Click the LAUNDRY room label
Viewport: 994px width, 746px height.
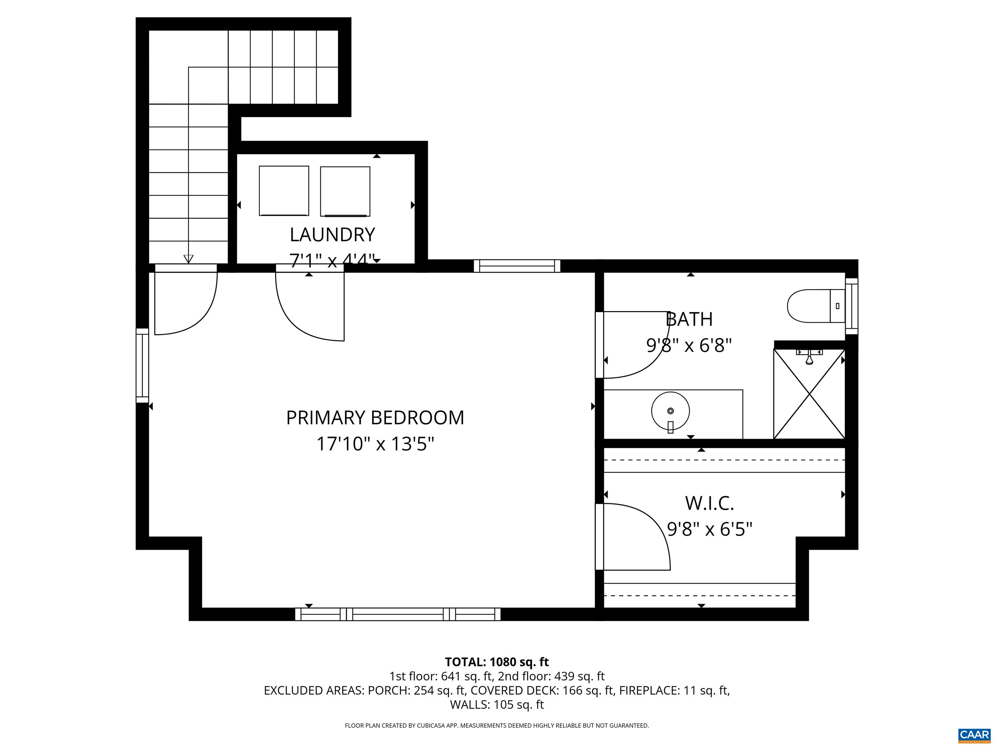[x=332, y=235]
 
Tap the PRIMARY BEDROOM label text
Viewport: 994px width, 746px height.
[x=375, y=418]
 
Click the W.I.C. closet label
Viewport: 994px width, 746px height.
[x=709, y=503]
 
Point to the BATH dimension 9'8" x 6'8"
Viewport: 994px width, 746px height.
[x=689, y=346]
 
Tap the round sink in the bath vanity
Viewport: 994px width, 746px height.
[x=670, y=411]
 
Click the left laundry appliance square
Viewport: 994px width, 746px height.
[x=283, y=191]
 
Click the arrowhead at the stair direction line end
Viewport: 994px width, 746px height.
[x=188, y=259]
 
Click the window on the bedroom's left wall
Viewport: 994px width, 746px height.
[x=142, y=366]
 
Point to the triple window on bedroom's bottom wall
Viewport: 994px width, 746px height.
[x=397, y=614]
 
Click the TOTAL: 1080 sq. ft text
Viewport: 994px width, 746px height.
[x=497, y=662]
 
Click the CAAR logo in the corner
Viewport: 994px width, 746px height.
[x=974, y=735]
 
